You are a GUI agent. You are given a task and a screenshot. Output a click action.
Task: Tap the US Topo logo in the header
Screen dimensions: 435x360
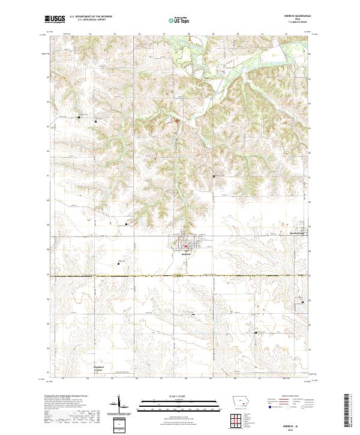tap(180, 19)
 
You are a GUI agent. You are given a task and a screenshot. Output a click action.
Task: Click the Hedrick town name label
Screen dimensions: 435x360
tap(186, 254)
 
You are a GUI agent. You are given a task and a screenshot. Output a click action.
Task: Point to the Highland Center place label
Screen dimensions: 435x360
tap(98, 368)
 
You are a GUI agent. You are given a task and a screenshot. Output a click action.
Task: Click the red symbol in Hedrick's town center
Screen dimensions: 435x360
tap(186, 246)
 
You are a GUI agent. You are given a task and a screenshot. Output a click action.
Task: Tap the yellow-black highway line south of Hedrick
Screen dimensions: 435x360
tap(180, 276)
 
